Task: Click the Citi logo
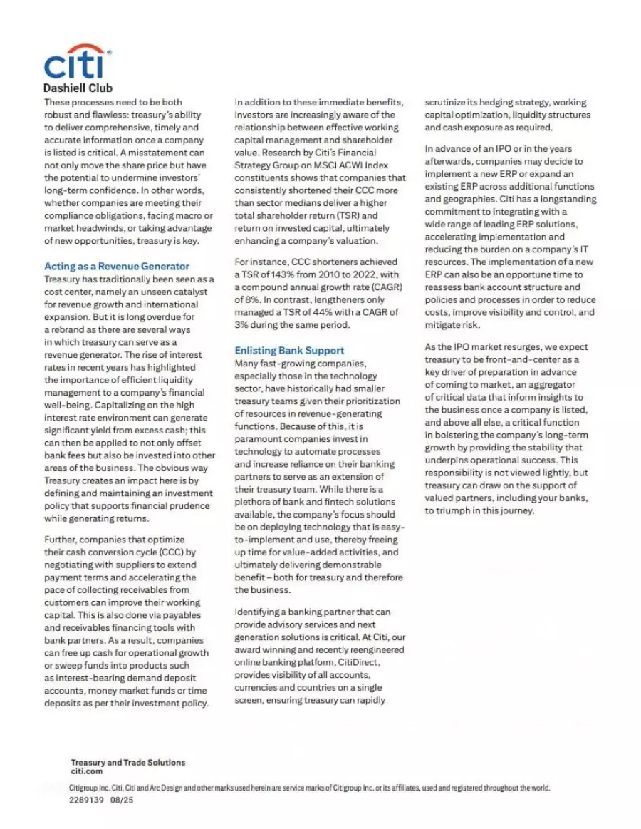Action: tap(76, 62)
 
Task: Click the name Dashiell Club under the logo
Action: tap(78, 88)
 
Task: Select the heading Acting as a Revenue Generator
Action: tap(117, 266)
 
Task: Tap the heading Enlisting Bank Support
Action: tap(289, 350)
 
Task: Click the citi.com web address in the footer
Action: tap(87, 771)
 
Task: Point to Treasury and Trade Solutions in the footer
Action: tap(127, 762)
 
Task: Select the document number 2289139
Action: tap(86, 800)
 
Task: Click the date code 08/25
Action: tap(122, 800)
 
